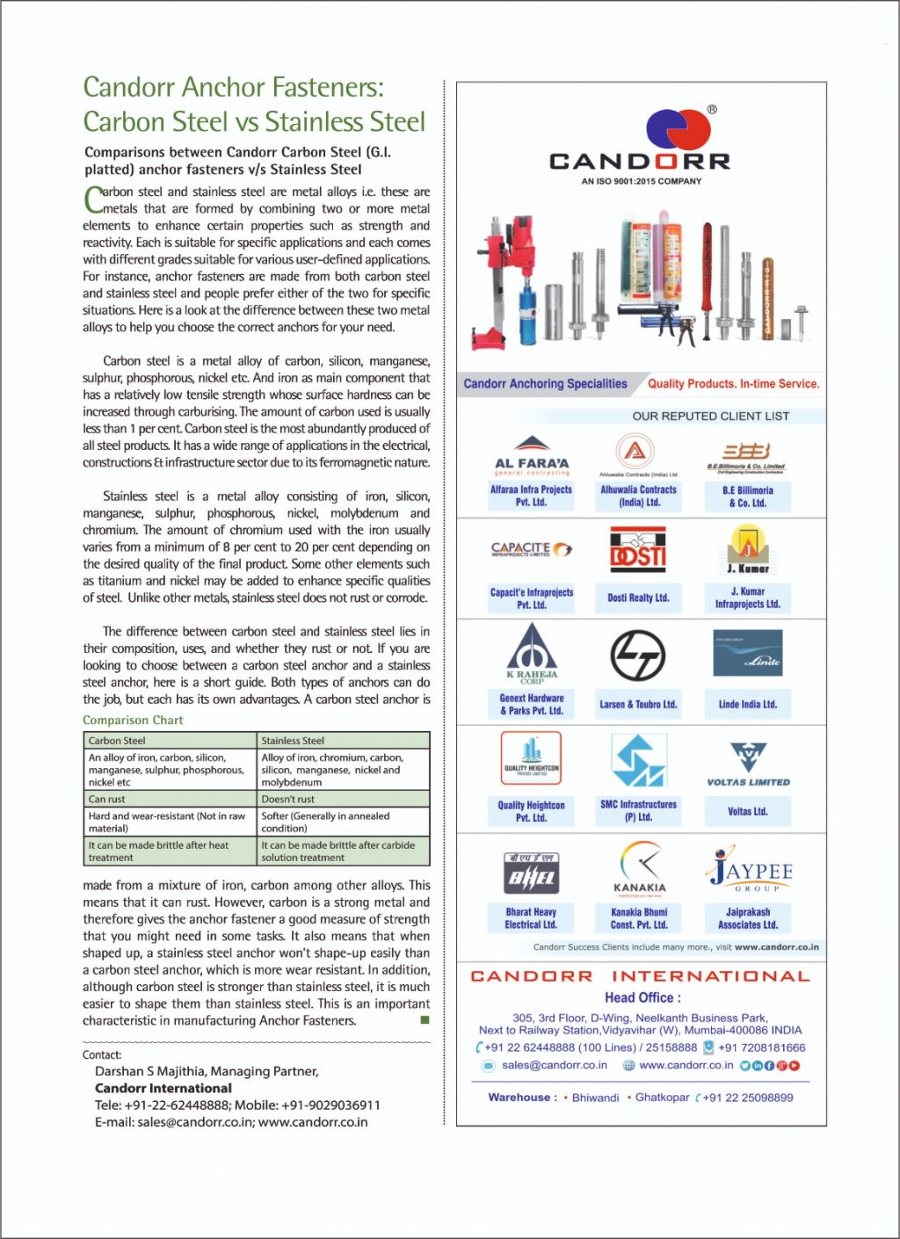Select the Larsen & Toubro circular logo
coord(638,656)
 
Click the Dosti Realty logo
coord(638,552)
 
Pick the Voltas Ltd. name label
coord(747,811)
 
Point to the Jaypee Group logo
coord(749,870)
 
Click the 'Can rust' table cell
coord(170,800)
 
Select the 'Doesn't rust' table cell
coord(344,800)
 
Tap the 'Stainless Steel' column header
coord(344,741)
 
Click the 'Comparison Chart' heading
coord(133,721)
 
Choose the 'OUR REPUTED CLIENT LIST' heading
coord(710,417)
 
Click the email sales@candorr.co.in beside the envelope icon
coord(554,1065)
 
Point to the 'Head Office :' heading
coord(642,997)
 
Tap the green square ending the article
coord(425,1020)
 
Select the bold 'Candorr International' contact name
coord(163,1088)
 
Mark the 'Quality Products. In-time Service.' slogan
coord(733,384)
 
